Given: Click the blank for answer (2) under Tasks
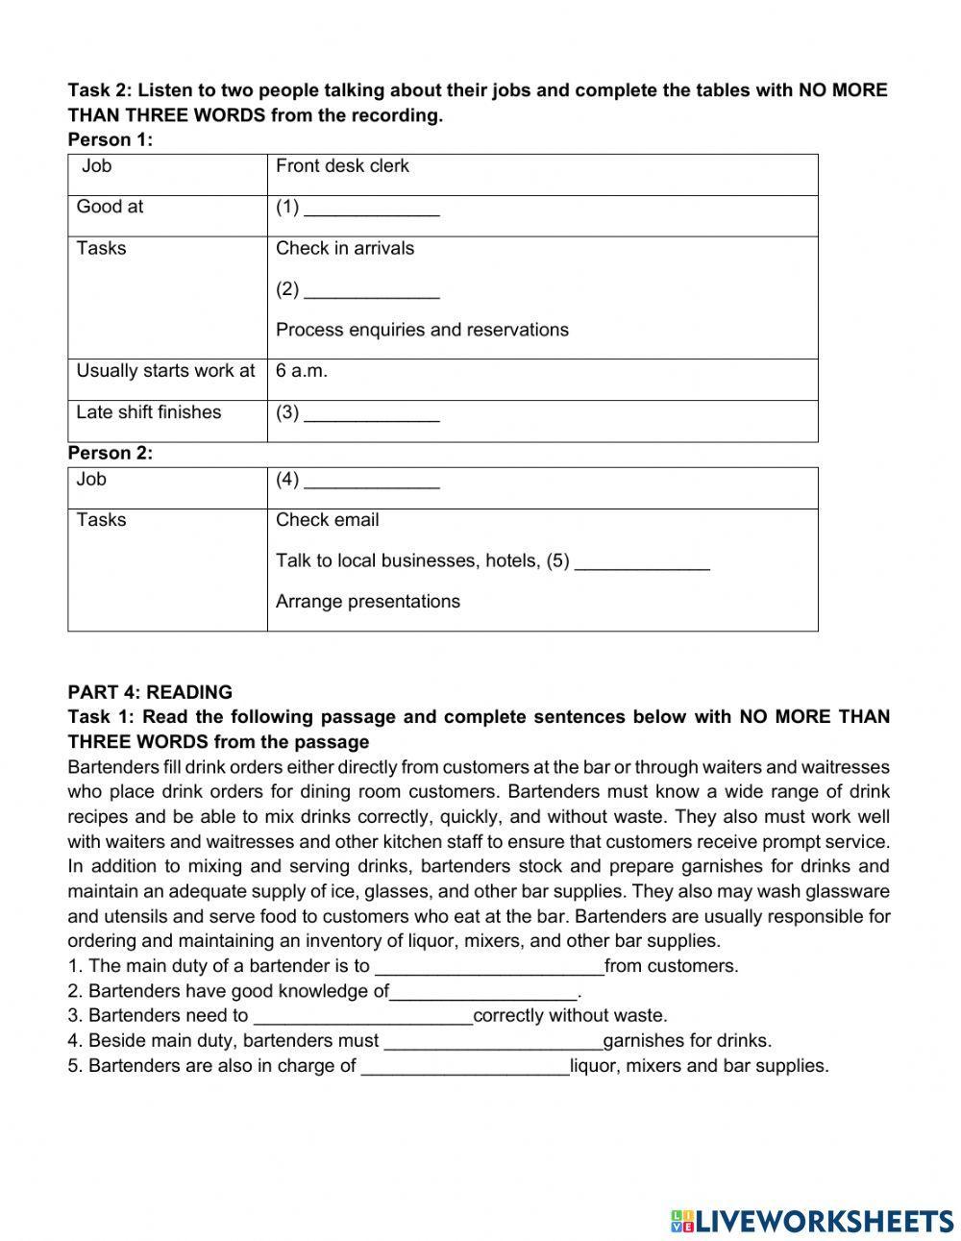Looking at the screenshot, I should click(x=372, y=289).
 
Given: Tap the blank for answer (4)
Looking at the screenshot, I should click(x=372, y=480).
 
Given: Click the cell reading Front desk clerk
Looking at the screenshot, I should click(x=342, y=166).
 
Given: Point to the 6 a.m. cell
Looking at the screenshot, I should click(x=302, y=371).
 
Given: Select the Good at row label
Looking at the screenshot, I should click(x=110, y=207).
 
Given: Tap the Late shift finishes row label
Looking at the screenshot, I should click(x=149, y=412).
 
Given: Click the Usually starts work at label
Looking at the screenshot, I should click(x=165, y=371).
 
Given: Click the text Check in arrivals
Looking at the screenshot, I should click(x=345, y=248).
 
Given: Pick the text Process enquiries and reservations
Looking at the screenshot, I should click(x=422, y=330).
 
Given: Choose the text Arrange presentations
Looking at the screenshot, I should click(x=368, y=602).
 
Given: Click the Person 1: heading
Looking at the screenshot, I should click(x=111, y=140).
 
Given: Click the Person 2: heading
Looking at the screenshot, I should click(x=111, y=453).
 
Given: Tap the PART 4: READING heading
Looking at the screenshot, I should click(x=150, y=692).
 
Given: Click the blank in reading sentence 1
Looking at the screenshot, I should click(x=489, y=967).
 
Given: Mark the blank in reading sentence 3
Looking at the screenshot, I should click(x=361, y=1016).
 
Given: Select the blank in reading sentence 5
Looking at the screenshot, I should click(x=465, y=1066).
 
